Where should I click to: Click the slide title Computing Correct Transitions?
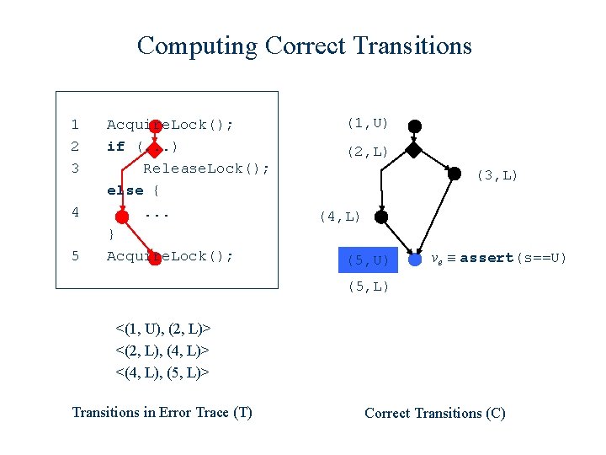pyautogui.click(x=304, y=45)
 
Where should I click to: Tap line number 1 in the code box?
pyautogui.click(x=75, y=125)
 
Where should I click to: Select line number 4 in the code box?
pyautogui.click(x=75, y=212)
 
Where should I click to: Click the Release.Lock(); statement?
pyautogui.click(x=206, y=169)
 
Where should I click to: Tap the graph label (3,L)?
pyautogui.click(x=497, y=175)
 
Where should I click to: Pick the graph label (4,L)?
pyautogui.click(x=339, y=217)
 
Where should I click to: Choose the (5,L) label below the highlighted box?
pyautogui.click(x=368, y=287)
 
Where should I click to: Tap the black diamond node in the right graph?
pyautogui.click(x=413, y=152)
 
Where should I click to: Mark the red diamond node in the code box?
pyautogui.click(x=156, y=147)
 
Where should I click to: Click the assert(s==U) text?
pyautogui.click(x=513, y=258)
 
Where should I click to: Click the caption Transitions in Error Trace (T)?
pyautogui.click(x=162, y=412)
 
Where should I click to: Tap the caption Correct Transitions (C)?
pyautogui.click(x=434, y=413)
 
